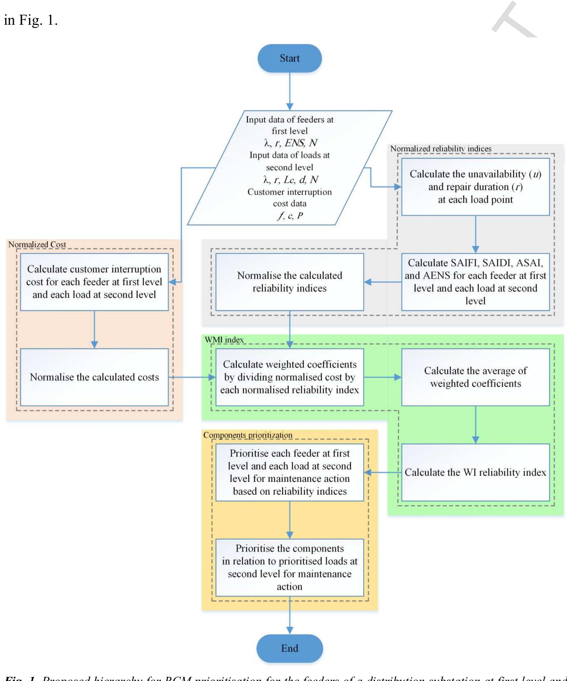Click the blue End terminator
tap(290, 648)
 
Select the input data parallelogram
tap(290, 168)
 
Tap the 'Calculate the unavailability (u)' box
tap(475, 187)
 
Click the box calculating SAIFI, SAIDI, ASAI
tap(475, 281)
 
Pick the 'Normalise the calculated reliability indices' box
tap(290, 281)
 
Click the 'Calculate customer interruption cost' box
tap(94, 281)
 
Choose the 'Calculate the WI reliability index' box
tap(475, 472)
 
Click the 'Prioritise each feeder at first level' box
tap(290, 472)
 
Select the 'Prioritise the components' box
tap(290, 568)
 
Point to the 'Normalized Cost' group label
tap(37, 245)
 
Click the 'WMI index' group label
tap(224, 340)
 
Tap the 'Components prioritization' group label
tap(248, 435)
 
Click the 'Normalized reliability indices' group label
tap(440, 148)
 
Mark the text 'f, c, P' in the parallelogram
tap(290, 216)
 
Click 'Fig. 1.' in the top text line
tap(38, 20)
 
